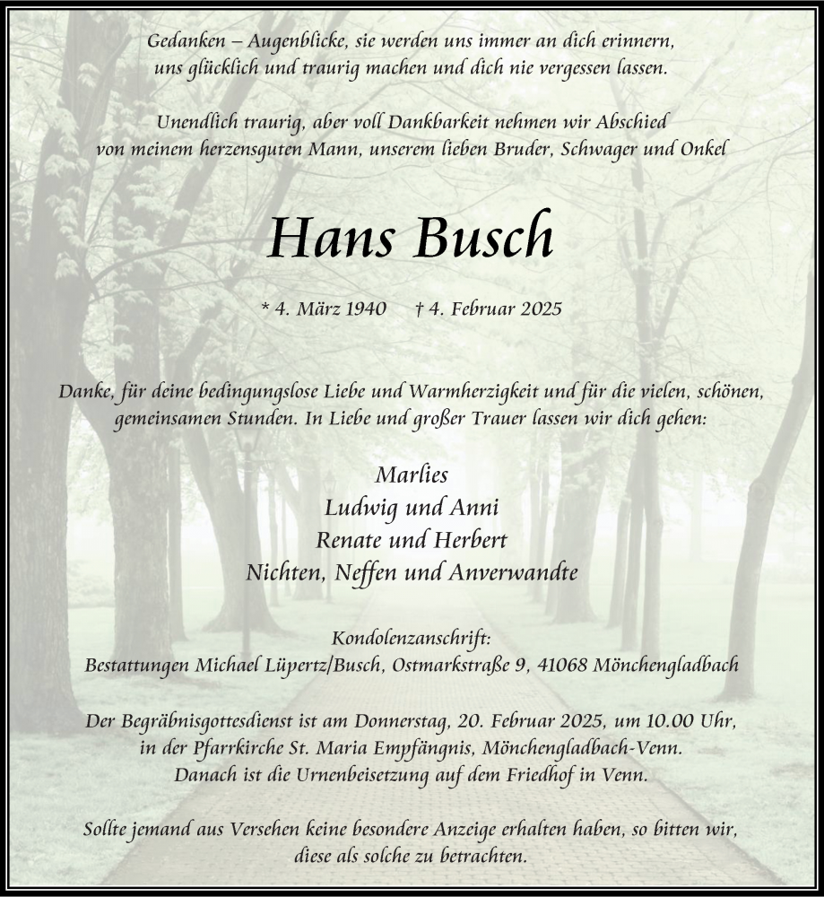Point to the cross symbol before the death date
420,309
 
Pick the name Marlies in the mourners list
412,475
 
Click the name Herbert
472,540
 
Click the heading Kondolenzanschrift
412,639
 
